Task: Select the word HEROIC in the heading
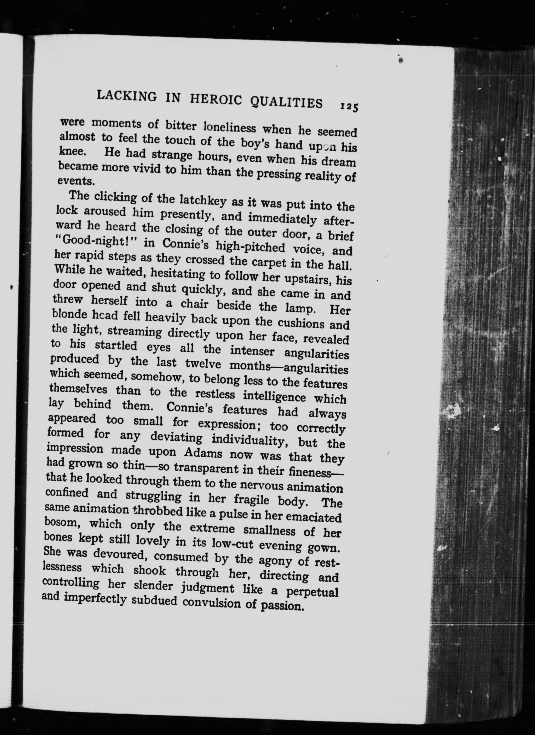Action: pos(216,100)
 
